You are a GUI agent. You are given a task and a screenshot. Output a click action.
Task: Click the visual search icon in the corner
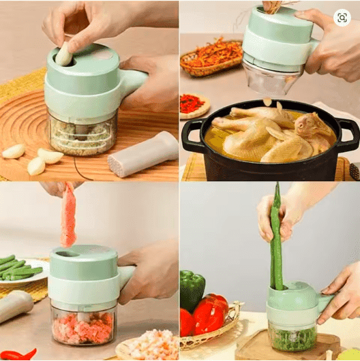[x=342, y=18]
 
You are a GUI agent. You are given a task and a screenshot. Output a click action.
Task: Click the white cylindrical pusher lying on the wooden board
[x=144, y=153]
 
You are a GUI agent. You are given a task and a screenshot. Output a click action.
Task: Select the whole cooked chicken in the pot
[x=273, y=133]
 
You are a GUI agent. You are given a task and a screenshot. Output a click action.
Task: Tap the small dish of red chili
[x=193, y=104]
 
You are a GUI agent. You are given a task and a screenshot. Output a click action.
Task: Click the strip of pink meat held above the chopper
[x=68, y=215]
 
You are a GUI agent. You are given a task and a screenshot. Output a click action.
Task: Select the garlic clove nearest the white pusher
[x=51, y=156]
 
